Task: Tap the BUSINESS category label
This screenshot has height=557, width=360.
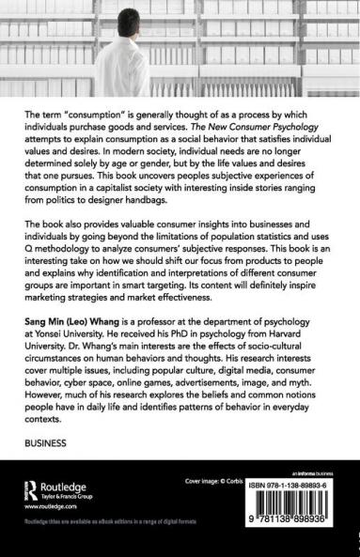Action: (x=52, y=441)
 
